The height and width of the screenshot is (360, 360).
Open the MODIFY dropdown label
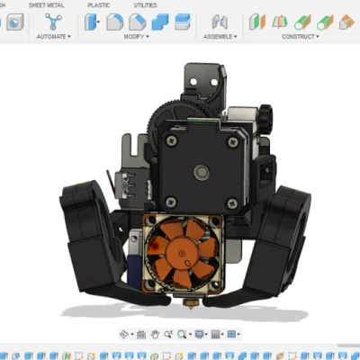[x=135, y=37]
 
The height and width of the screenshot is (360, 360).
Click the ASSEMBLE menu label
[x=219, y=37]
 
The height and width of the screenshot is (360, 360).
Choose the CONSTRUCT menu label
[x=298, y=37]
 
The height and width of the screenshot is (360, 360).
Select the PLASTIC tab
[x=99, y=5]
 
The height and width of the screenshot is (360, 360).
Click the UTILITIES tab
[x=144, y=5]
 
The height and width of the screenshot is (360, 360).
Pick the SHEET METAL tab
[x=47, y=5]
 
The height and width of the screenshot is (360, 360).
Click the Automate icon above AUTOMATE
[x=54, y=21]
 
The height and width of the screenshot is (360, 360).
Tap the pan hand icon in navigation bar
[x=155, y=334]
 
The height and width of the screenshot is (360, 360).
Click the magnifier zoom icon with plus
[x=182, y=334]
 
